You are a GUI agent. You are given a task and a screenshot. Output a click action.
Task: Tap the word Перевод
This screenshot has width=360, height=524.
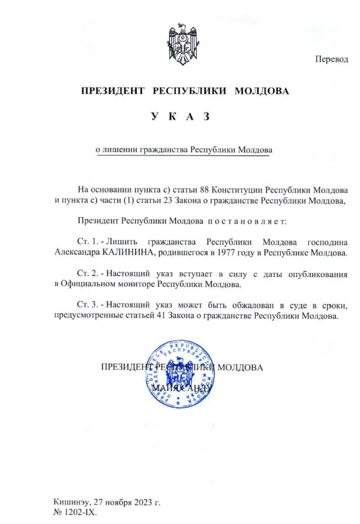(332, 59)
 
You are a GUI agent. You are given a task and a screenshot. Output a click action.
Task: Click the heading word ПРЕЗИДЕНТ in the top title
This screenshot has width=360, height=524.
(113, 92)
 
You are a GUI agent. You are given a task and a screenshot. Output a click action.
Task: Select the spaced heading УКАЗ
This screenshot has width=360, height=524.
(180, 117)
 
